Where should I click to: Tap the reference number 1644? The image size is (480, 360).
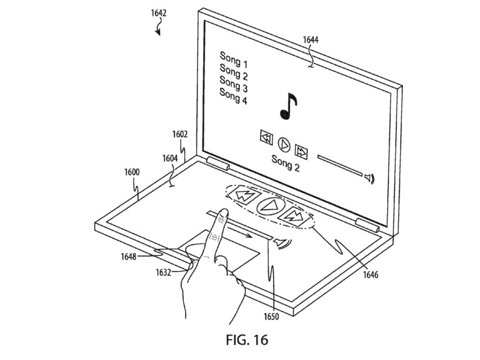tap(312, 40)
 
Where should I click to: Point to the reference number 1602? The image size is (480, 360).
tap(180, 134)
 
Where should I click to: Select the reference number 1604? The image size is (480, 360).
tap(170, 159)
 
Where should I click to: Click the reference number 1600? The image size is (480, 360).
tap(132, 173)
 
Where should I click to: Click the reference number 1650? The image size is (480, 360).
tap(271, 316)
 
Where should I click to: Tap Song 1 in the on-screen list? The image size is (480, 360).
tap(234, 64)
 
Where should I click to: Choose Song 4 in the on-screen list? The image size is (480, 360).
tap(234, 97)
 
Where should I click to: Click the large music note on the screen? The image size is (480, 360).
tap(287, 106)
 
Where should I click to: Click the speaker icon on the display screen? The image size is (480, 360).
tap(370, 179)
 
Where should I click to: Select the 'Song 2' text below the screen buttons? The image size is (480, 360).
tap(286, 159)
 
